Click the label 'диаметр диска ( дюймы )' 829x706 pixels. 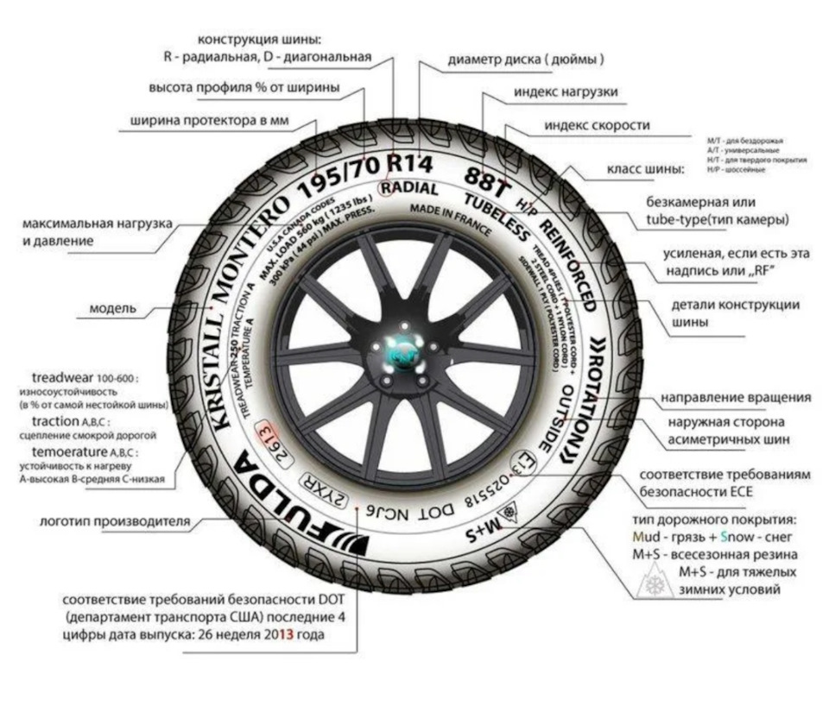[x=525, y=60]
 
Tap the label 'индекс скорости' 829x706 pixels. [x=597, y=125]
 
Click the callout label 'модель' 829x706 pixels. [x=112, y=308]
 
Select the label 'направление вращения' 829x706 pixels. [x=736, y=398]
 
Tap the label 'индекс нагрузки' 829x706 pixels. [x=565, y=91]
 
